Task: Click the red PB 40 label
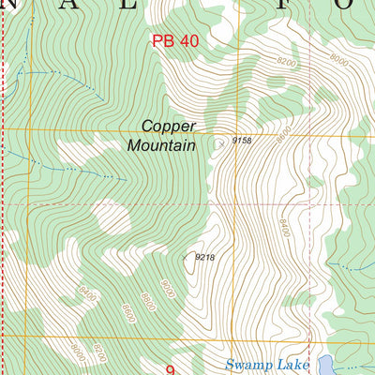click(x=175, y=41)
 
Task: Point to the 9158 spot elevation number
click(x=242, y=142)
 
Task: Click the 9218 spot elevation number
click(x=205, y=257)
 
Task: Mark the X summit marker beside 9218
click(x=187, y=255)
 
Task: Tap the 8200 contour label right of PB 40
click(x=286, y=61)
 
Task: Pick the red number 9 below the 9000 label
click(x=171, y=369)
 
